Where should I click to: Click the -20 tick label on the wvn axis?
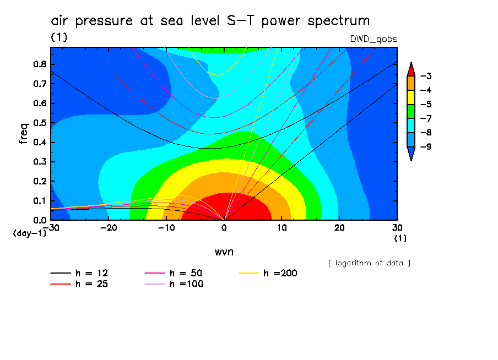[109, 228]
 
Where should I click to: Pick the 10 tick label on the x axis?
[282, 228]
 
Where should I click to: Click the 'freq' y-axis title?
[24, 134]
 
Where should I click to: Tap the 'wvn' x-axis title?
[224, 252]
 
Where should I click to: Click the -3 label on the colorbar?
[425, 76]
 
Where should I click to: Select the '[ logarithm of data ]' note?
[369, 263]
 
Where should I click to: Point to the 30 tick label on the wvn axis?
[398, 228]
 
